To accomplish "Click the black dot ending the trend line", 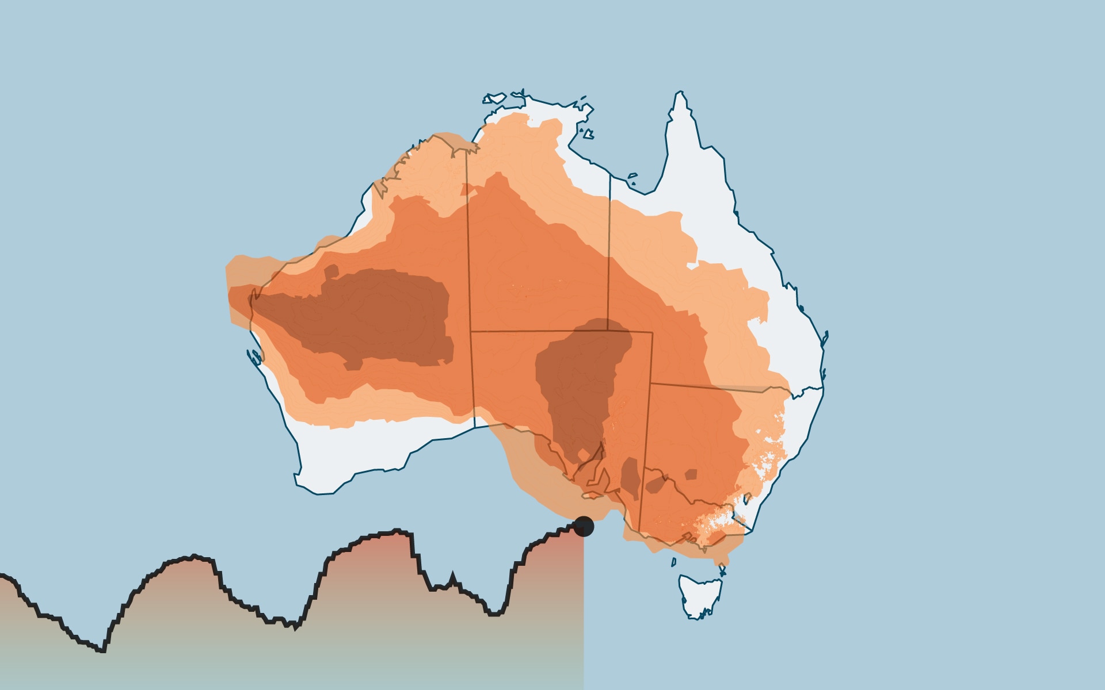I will point(584,526).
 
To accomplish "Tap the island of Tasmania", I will point(699,595).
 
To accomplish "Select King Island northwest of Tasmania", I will point(674,562).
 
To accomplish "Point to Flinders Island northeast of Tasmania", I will point(722,571).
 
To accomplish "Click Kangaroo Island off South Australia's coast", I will point(593,495).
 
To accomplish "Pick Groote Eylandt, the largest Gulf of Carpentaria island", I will point(588,134).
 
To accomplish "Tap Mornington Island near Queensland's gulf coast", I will point(632,175).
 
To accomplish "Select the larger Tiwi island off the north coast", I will point(496,99).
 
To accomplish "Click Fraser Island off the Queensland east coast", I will point(825,339).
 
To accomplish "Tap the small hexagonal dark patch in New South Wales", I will point(691,474).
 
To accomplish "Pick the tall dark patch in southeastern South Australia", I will point(631,477).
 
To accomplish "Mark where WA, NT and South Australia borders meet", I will point(471,331).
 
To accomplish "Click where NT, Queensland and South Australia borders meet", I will point(607,331).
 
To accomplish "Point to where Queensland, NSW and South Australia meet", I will point(650,383).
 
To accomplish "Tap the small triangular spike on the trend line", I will point(452,576).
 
